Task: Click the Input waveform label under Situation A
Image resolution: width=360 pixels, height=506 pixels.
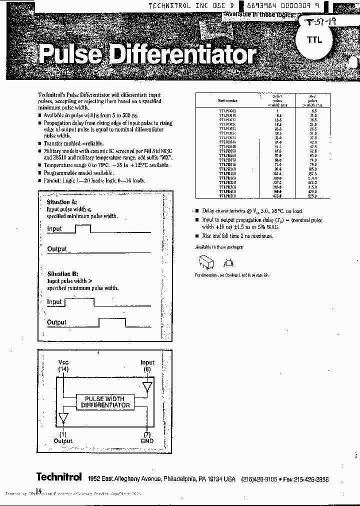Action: (x=54, y=229)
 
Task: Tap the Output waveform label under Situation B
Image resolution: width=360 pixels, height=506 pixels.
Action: (x=56, y=322)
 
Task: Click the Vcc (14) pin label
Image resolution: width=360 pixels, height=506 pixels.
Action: (x=63, y=365)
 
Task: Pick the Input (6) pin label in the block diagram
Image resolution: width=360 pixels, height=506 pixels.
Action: (x=147, y=365)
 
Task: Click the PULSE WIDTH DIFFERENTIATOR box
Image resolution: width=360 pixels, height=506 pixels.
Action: (x=105, y=402)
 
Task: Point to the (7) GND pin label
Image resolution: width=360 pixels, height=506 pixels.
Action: (x=147, y=437)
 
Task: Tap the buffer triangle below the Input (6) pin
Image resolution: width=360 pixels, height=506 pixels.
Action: (x=147, y=386)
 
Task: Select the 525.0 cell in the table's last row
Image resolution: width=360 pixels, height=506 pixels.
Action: (x=312, y=196)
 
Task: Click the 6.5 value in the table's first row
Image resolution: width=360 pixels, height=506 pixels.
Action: (x=313, y=110)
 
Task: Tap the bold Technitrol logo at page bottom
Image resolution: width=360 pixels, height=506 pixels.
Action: (x=58, y=477)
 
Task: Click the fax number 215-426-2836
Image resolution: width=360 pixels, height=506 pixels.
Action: (x=311, y=479)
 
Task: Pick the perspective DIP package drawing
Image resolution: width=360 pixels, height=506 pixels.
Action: (x=205, y=262)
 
